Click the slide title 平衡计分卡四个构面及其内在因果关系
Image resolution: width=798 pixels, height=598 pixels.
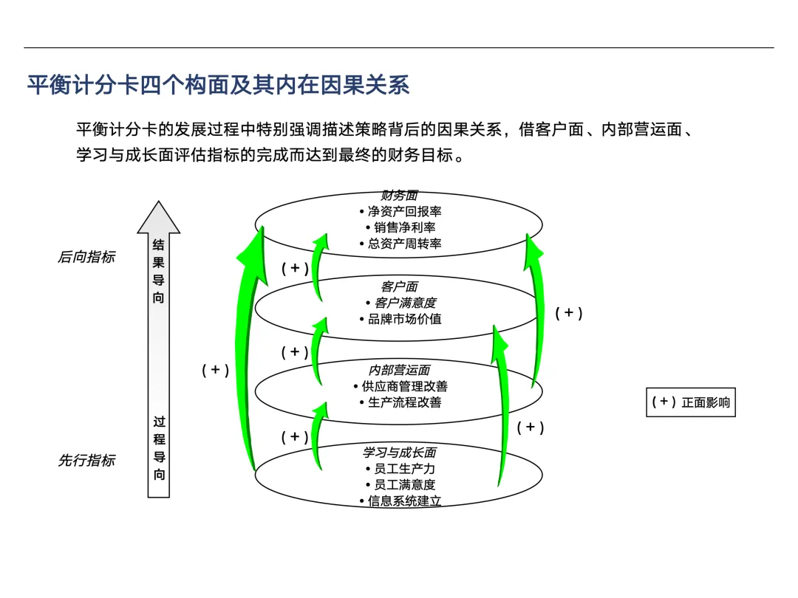[218, 85]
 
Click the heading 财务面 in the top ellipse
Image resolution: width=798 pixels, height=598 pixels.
[399, 196]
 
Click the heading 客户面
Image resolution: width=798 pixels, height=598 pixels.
[399, 286]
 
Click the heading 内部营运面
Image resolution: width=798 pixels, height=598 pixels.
[399, 370]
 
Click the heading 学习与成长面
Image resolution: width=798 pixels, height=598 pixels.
[399, 453]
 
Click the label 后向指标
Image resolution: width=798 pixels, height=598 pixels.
[86, 258]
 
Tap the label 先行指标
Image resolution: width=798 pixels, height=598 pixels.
[86, 460]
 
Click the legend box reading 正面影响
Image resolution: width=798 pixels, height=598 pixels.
[691, 402]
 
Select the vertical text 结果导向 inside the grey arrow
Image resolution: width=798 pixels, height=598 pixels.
[159, 271]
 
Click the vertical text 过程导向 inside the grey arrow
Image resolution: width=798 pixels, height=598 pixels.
[159, 448]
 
